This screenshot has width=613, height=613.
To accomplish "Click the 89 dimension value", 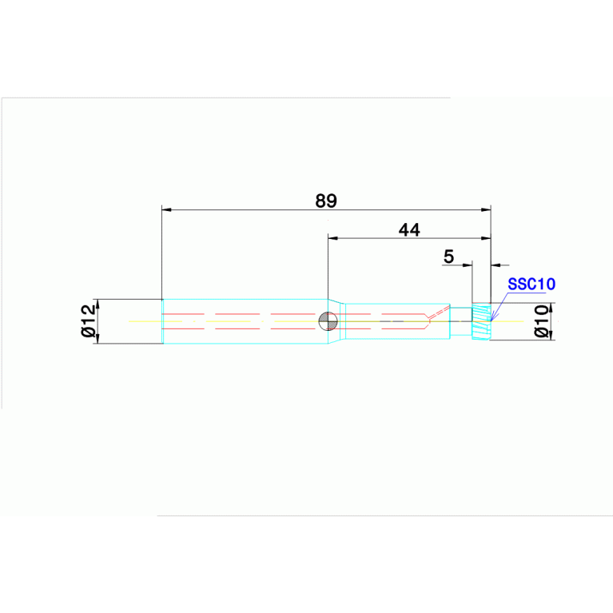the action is (326, 200).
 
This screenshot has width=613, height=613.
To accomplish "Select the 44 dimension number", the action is (409, 229).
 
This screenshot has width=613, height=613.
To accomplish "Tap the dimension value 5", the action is (448, 257).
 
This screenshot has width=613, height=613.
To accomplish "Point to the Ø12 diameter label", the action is (89, 321).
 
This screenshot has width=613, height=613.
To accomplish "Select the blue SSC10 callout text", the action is (531, 284).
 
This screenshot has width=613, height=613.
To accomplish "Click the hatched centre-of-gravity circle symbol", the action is (328, 322).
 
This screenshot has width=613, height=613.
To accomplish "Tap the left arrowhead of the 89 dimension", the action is (166, 210).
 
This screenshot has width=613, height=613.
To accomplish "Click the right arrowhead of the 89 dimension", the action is (485, 210).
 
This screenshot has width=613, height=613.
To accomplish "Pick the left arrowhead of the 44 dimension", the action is (332, 238).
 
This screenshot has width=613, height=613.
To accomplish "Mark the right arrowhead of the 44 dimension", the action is (485, 238).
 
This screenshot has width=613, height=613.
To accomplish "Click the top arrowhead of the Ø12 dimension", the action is (98, 304).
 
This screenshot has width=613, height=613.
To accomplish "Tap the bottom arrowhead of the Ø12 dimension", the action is (98, 339).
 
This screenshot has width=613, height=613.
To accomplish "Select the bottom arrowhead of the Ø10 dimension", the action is (551, 336).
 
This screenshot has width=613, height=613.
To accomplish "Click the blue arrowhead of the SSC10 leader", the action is (493, 316).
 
